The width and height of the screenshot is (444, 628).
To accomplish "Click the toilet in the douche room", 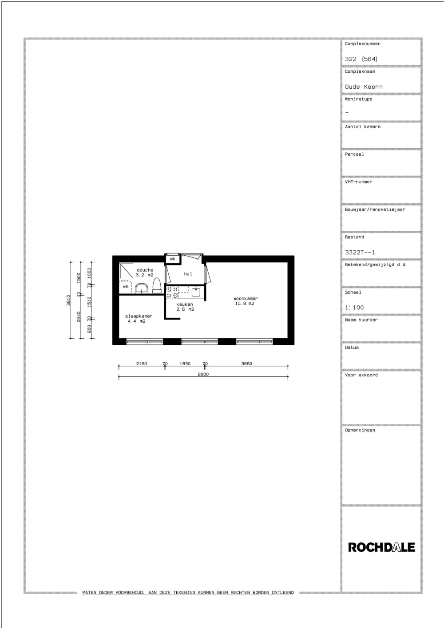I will coord(157,286).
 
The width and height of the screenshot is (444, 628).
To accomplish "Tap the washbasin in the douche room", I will coord(142,289).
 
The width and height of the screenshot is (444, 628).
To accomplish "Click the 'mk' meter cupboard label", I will coord(172,259).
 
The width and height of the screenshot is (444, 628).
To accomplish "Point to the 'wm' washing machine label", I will coord(126,287).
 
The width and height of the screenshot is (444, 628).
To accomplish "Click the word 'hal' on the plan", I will coord(188,274).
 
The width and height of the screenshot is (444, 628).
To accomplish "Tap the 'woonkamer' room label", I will coord(246,299).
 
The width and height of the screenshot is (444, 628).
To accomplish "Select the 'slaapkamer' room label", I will coord(139,316).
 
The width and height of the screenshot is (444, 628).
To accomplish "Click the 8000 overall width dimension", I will coord(203,374).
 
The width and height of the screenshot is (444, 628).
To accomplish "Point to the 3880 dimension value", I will coord(246,363).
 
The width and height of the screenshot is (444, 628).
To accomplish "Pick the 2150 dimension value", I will coord(141,363).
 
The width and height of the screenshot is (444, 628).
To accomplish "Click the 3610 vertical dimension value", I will coord(69,300).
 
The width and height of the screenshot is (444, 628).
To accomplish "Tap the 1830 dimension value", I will coord(185,363).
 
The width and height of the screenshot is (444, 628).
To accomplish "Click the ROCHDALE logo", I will coord(381,547).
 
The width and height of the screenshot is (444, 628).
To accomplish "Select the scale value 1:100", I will coord(354,307).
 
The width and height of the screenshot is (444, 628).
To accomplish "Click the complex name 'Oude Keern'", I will coord(364,87).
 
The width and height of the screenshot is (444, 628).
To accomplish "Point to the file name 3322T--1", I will coord(360,252).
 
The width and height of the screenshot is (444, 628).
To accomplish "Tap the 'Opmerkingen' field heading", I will coord(360,430).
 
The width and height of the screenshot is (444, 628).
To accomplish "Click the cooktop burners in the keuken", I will coord(172,292).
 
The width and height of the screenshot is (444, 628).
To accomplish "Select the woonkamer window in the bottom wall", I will coord(254,341).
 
